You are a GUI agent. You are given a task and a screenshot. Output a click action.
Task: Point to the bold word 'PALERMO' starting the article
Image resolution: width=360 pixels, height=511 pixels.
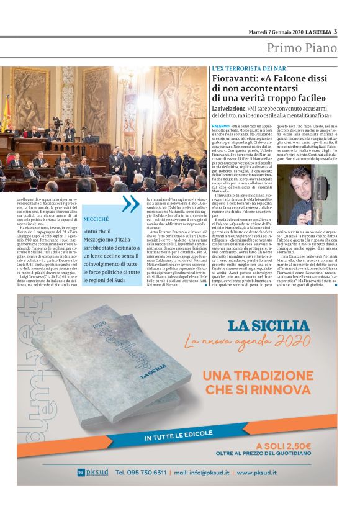coord(221,126)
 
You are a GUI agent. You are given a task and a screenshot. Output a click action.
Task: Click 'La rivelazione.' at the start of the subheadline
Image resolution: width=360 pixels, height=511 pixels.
coord(228,108)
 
